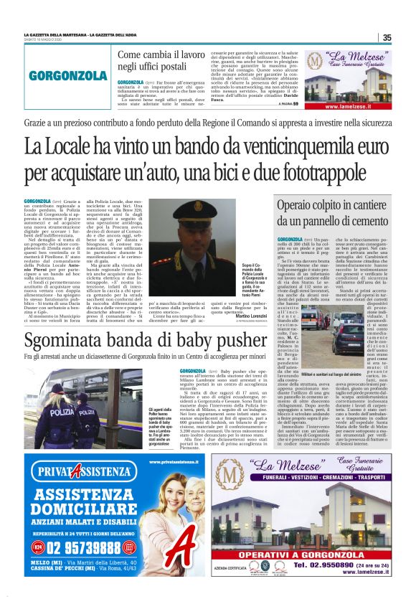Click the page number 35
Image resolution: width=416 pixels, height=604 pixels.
(387, 38)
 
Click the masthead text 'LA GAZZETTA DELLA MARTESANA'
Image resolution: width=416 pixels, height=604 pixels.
(55, 35)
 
